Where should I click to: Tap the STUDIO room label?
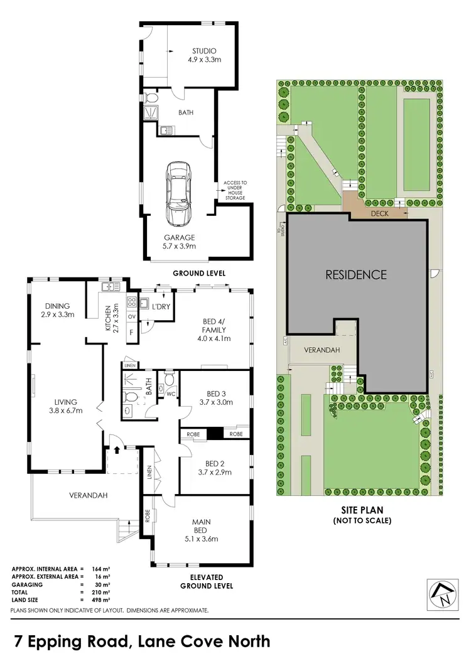coord(204,51)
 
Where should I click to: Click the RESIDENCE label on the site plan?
coord(355,274)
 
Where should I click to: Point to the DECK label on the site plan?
coord(380,213)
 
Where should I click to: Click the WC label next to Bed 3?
coord(170,395)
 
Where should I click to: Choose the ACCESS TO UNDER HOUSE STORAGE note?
coord(235,190)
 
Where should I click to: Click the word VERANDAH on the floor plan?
coord(89,495)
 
